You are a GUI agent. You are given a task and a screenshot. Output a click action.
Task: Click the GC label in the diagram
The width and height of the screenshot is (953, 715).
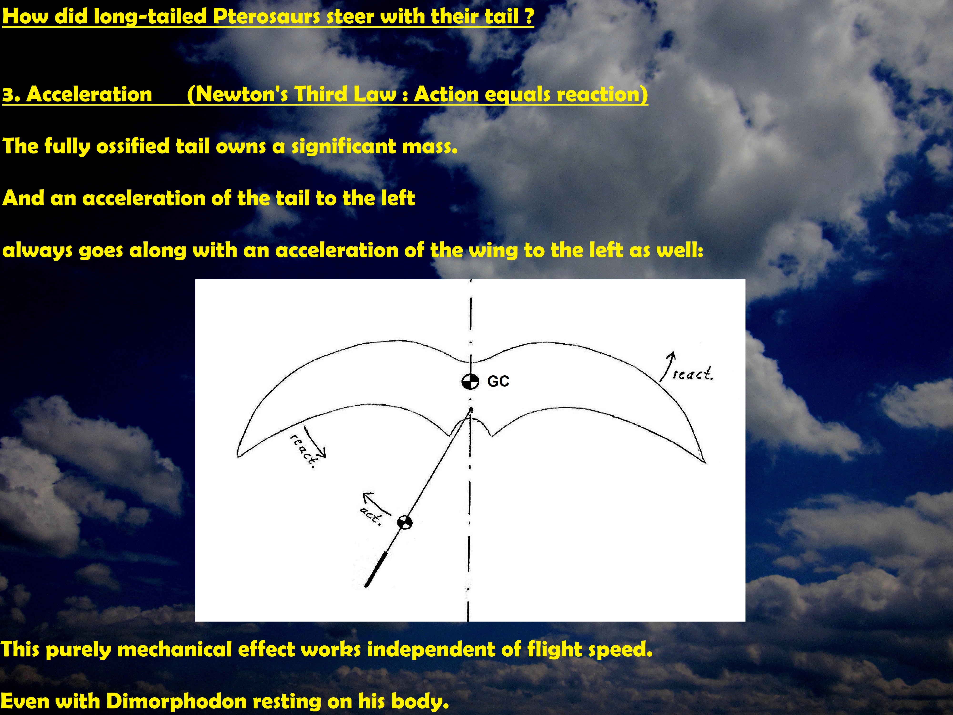pos(498,381)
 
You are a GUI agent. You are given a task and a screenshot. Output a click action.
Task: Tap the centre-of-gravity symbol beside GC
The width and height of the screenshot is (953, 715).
pos(470,381)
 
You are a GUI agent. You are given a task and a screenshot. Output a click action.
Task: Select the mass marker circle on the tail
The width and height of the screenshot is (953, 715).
pos(404,522)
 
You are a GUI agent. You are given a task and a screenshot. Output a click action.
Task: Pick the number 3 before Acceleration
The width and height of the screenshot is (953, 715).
pos(8,94)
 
